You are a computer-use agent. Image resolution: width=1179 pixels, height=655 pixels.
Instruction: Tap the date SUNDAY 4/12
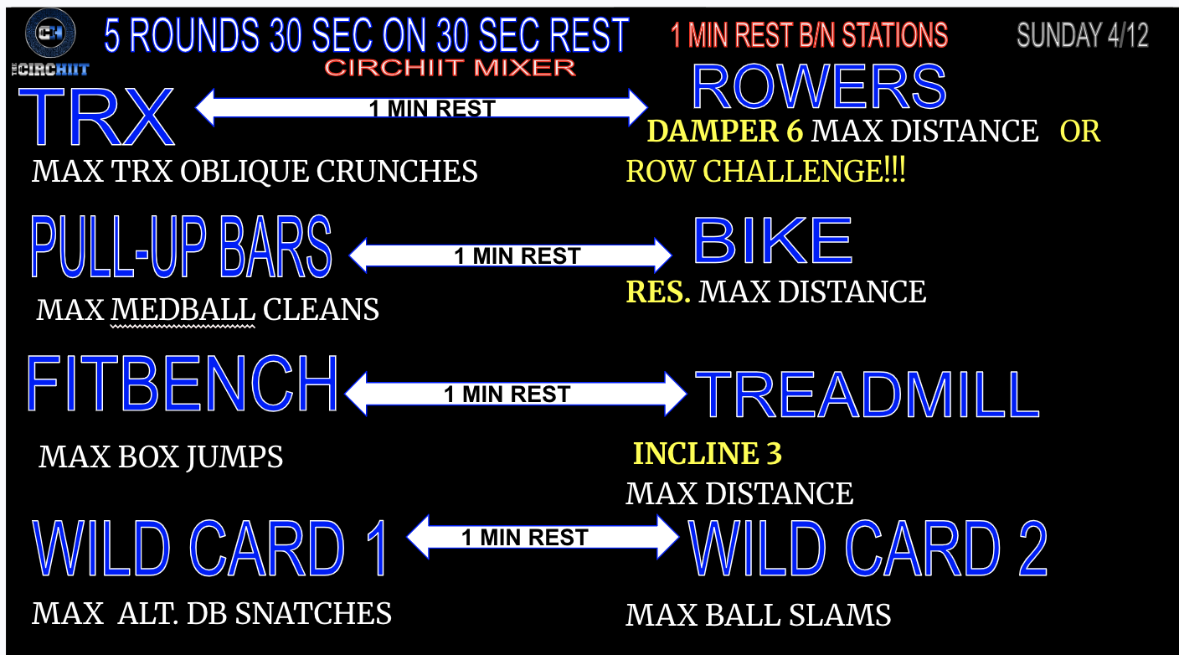click(1082, 36)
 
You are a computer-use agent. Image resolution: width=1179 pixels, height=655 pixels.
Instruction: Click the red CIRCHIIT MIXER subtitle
click(450, 68)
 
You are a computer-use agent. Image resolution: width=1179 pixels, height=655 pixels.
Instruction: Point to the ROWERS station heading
click(819, 87)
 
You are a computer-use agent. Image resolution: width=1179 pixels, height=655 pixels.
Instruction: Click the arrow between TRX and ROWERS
click(421, 108)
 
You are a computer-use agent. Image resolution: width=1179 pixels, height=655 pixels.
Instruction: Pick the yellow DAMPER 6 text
click(725, 132)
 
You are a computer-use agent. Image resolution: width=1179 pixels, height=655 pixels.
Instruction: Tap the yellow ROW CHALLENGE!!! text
click(765, 172)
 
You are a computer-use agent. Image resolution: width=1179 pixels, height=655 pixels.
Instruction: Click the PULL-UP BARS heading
click(181, 247)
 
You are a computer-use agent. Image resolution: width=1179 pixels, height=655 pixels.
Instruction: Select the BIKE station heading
click(773, 241)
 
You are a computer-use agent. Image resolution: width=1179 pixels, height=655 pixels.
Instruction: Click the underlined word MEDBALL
click(183, 310)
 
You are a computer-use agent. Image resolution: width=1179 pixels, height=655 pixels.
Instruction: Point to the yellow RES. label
click(658, 291)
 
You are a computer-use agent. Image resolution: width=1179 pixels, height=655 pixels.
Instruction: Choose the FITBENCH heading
click(182, 384)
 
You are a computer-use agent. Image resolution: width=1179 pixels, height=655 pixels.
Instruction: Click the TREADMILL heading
click(867, 395)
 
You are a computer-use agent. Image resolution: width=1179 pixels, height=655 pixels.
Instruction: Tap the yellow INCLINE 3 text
click(708, 453)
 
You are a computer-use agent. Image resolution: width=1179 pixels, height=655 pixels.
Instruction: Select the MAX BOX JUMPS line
click(161, 457)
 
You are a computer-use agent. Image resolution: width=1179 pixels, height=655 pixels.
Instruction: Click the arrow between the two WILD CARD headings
click(542, 537)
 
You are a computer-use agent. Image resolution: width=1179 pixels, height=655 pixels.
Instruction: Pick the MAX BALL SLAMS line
click(758, 616)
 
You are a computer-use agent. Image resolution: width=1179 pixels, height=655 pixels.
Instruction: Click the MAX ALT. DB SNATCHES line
click(212, 614)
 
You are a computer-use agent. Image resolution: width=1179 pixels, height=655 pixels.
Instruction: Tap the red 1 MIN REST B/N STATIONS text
click(809, 36)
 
